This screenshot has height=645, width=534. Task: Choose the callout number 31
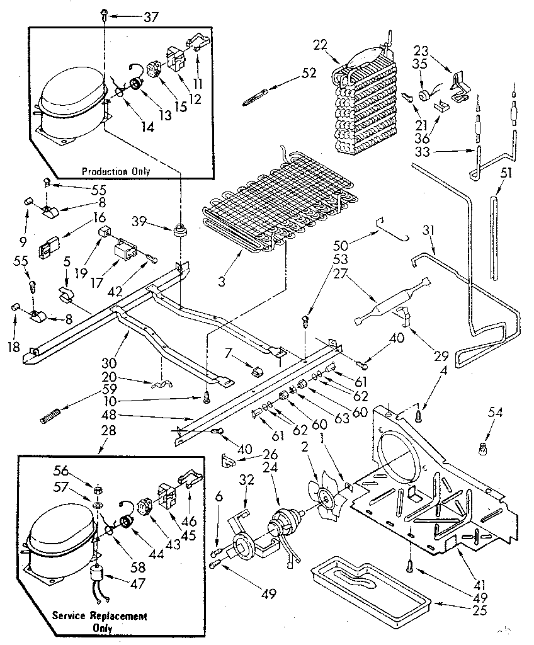429,231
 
